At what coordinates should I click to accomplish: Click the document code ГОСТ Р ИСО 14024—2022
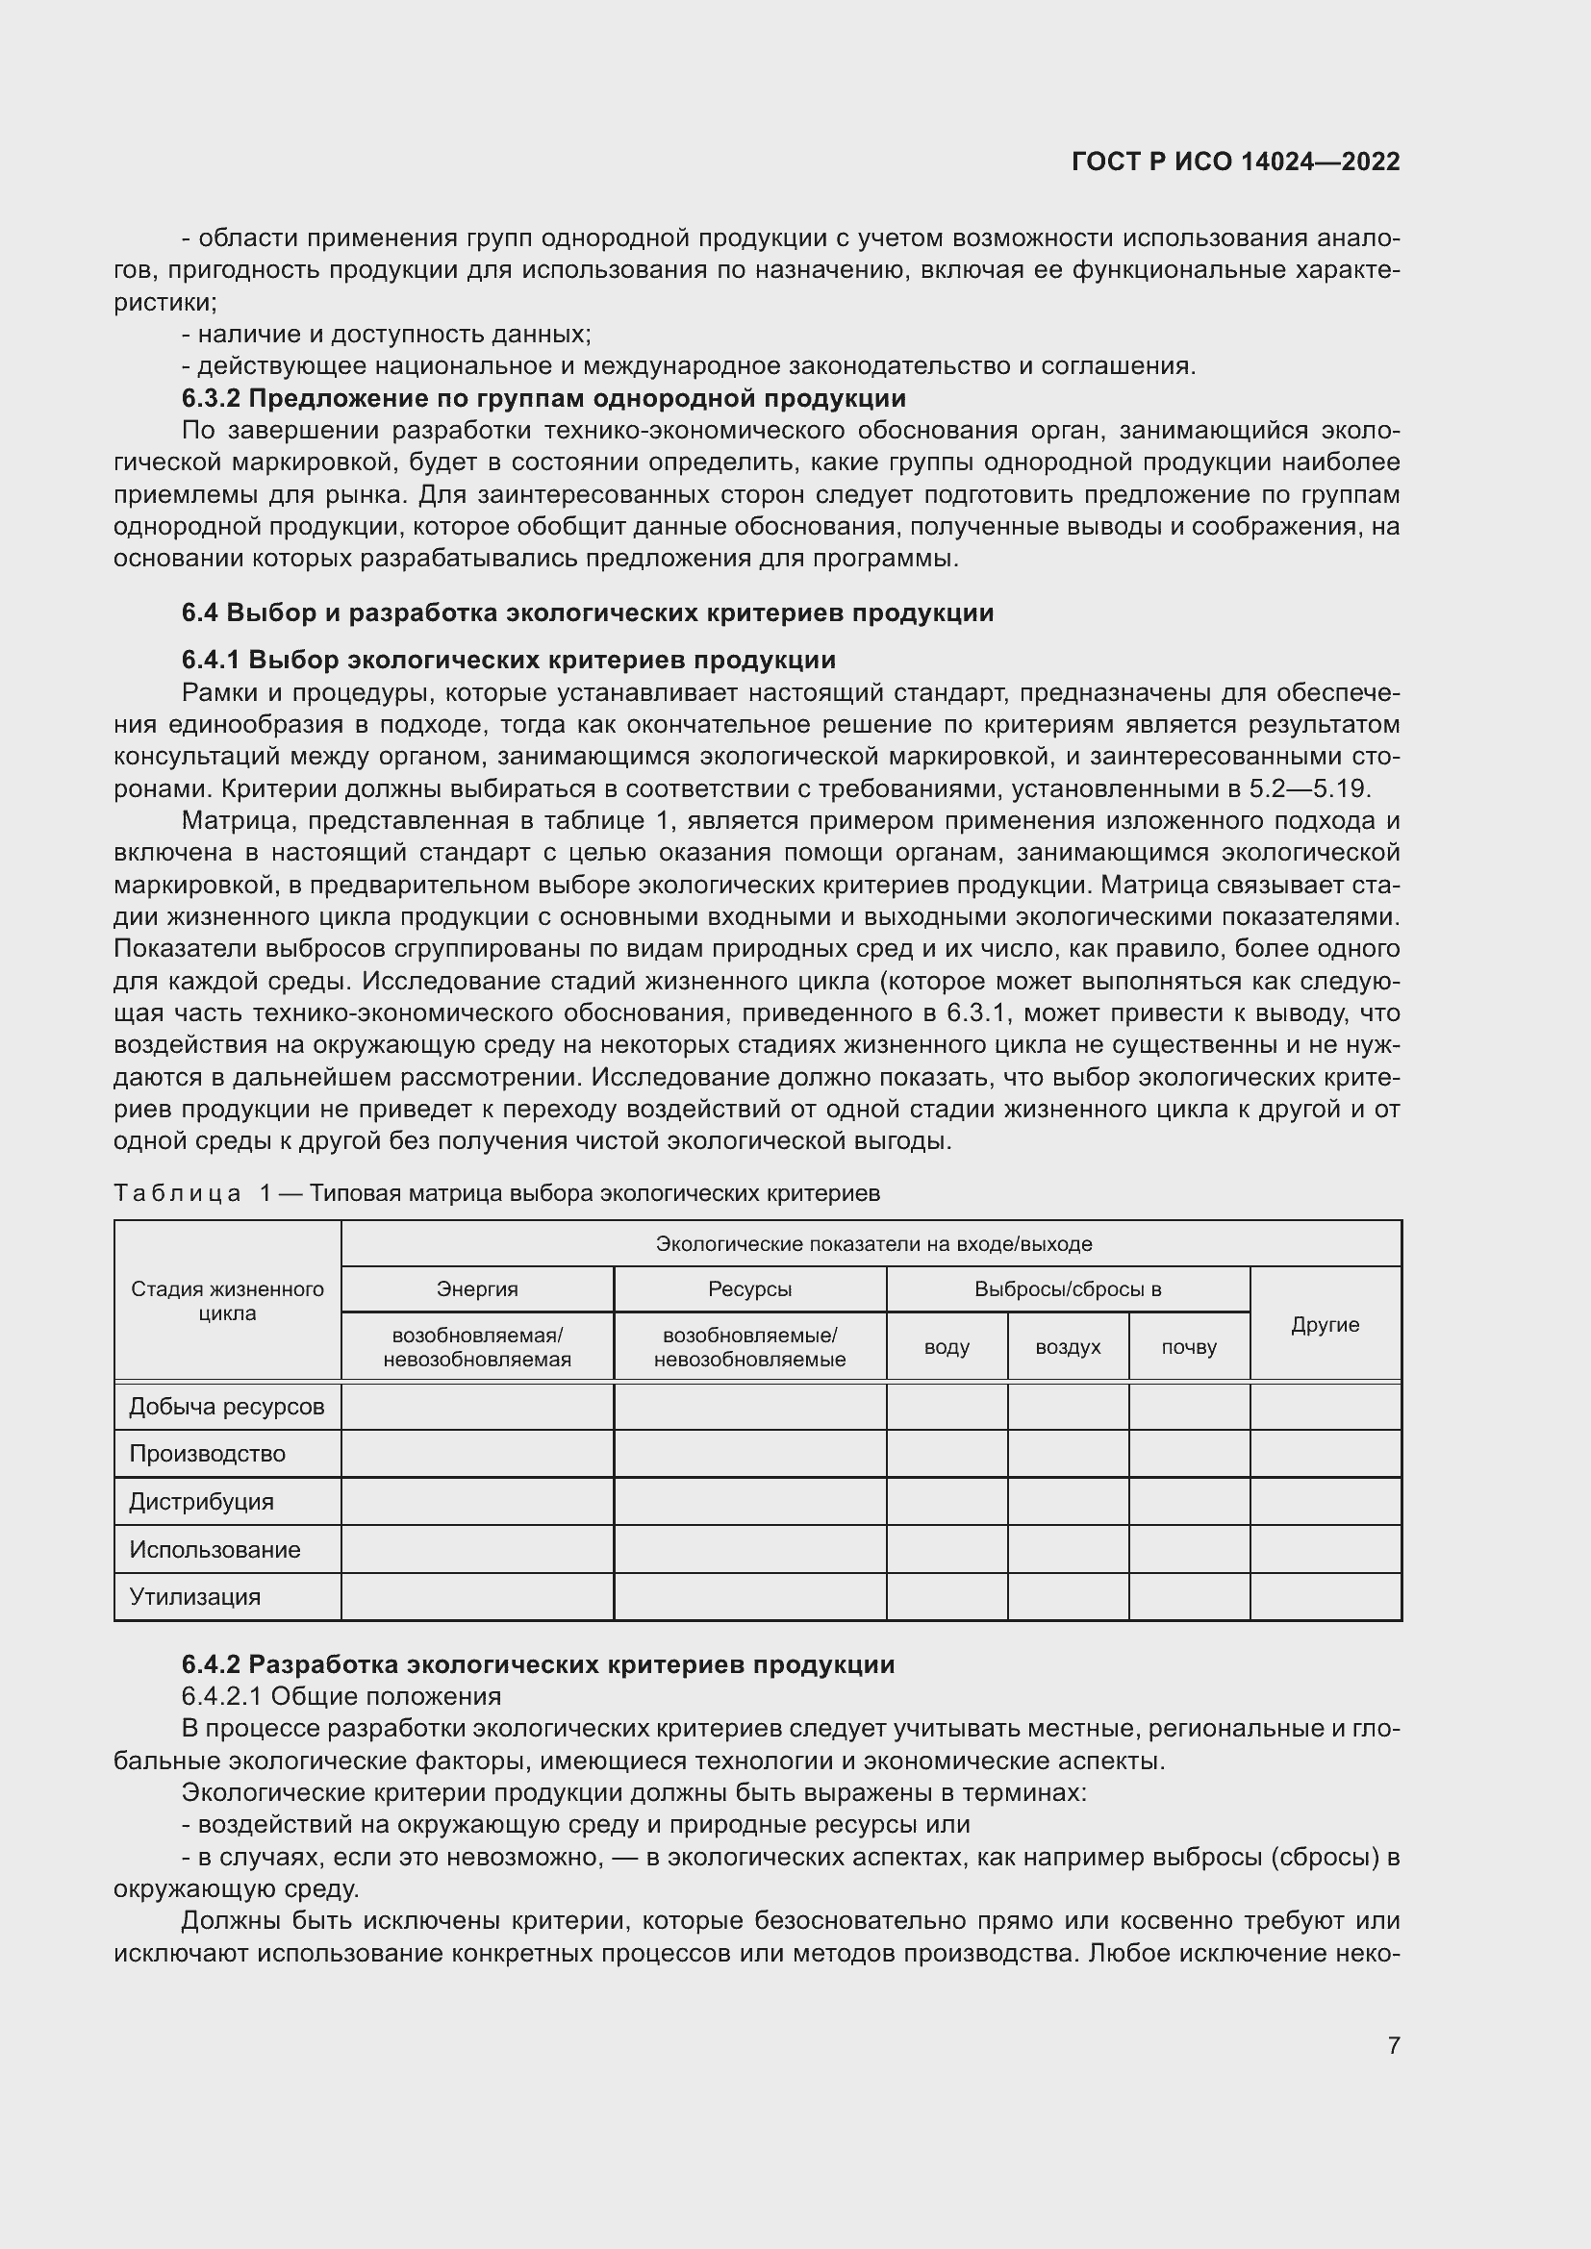1235,162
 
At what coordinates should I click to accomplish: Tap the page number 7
1393,2045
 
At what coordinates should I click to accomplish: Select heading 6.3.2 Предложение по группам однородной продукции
543,399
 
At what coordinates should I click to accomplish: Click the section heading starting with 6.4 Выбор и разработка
587,613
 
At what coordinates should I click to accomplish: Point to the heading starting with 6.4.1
509,660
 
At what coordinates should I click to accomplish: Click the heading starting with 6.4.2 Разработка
538,1665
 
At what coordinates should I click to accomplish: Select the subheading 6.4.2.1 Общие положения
341,1696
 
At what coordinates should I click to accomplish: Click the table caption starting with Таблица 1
496,1193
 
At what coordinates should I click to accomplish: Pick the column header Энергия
477,1290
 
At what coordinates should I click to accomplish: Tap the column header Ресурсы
749,1290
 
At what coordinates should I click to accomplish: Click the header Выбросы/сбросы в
1067,1290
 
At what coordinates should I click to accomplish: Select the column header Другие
1325,1325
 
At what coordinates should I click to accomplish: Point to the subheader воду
947,1348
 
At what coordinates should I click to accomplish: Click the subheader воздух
1068,1348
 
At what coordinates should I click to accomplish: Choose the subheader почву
1188,1348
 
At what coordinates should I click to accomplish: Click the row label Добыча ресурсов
226,1408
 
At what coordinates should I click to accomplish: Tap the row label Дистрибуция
202,1502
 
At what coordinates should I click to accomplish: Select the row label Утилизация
195,1597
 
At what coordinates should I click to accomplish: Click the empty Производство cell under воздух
1068,1454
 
